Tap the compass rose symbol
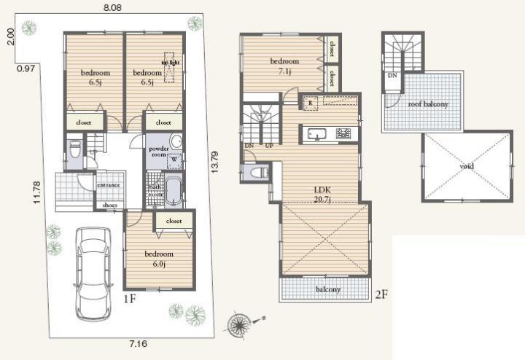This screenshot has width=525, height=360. click(241, 321)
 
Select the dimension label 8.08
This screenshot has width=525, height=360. click(112, 7)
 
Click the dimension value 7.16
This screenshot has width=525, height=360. click(139, 342)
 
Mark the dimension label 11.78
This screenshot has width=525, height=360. click(36, 194)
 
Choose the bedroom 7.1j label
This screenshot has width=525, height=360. click(284, 66)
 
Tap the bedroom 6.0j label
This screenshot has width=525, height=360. click(158, 259)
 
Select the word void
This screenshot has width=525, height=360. click(467, 166)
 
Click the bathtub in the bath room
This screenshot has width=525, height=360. click(173, 192)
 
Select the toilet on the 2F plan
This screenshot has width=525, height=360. click(255, 173)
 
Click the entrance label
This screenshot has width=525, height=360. click(109, 186)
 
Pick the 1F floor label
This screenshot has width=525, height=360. click(129, 299)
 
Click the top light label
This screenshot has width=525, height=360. click(170, 63)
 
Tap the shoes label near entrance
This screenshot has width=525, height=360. click(110, 206)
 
